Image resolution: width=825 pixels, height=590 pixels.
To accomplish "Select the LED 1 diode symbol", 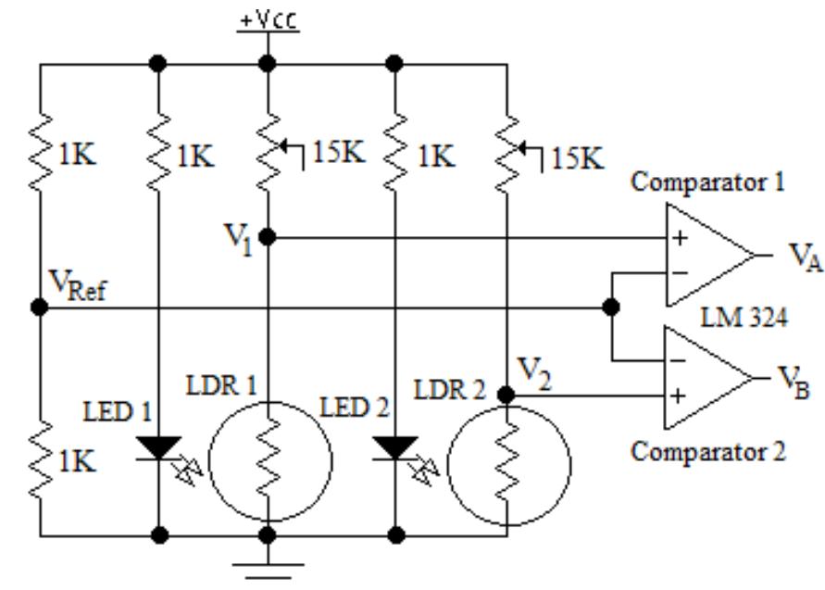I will (x=158, y=448).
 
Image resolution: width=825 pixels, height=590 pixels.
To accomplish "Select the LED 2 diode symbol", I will (x=395, y=448).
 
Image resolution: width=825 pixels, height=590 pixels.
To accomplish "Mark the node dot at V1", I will (x=268, y=238).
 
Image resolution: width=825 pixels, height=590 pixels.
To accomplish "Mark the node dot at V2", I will (x=506, y=395).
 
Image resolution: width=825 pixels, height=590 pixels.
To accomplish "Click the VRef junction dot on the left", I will (x=39, y=307).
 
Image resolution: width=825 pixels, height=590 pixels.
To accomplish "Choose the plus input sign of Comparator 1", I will (x=681, y=238).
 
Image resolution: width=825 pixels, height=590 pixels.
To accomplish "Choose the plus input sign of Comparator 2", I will (x=681, y=395).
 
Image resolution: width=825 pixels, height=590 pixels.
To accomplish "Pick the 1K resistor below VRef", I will (x=39, y=463).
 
